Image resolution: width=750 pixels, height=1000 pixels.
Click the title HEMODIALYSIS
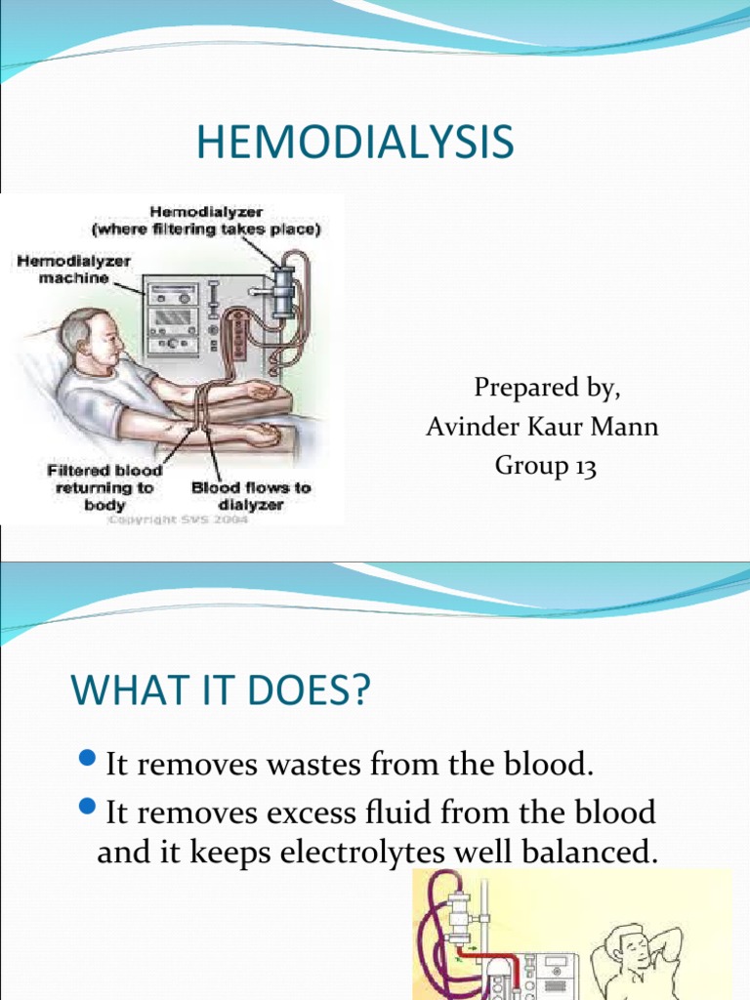(x=354, y=143)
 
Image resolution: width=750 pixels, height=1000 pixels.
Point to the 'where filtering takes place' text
(x=206, y=229)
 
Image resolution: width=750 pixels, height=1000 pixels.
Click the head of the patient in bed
(x=93, y=338)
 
